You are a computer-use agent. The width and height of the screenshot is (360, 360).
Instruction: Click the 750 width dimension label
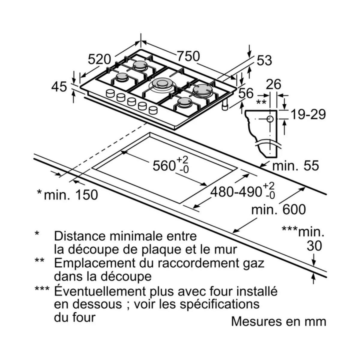click(188, 56)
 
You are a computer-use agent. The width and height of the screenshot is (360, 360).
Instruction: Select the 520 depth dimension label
click(99, 59)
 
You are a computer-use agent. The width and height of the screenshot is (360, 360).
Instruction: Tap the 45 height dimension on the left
click(59, 87)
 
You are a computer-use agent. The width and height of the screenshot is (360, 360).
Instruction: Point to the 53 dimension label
click(264, 60)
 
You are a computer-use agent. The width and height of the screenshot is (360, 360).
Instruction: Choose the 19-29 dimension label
click(309, 114)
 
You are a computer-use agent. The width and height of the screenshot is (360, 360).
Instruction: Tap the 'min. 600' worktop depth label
click(278, 209)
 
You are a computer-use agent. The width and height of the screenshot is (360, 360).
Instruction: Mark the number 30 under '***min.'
click(314, 246)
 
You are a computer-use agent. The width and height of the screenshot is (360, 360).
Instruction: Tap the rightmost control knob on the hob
click(153, 110)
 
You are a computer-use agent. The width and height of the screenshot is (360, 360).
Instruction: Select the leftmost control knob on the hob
click(110, 94)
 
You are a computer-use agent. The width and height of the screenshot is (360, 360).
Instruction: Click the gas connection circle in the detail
click(270, 119)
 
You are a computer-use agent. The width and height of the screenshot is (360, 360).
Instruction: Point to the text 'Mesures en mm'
click(278, 321)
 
